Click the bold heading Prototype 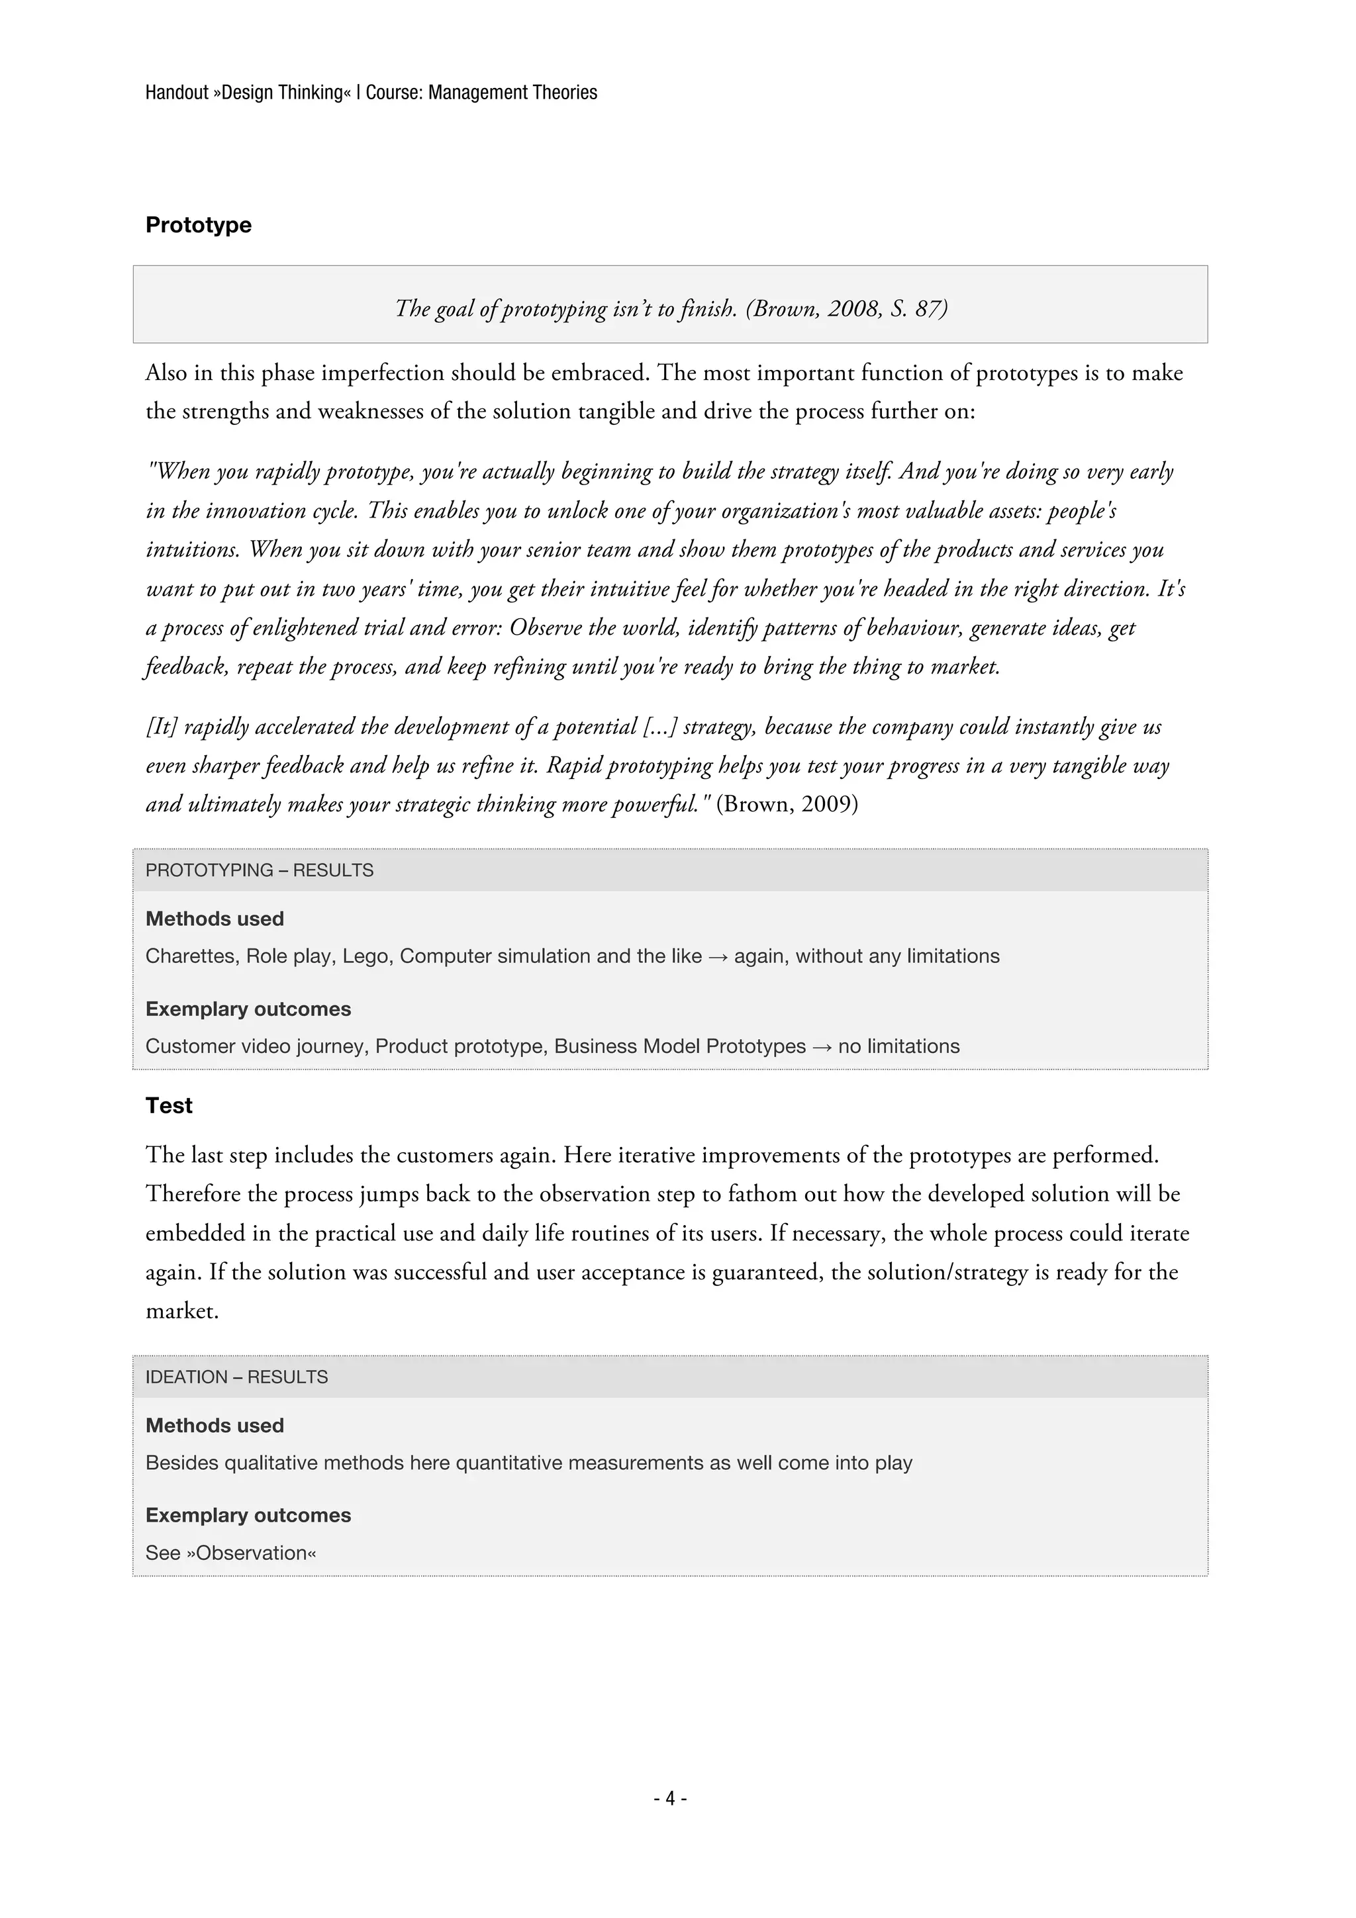(198, 225)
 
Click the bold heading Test (169, 1105)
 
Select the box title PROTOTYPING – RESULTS (259, 870)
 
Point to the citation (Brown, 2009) (787, 803)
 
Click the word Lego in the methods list (365, 956)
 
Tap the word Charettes (191, 956)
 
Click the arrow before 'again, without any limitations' (717, 956)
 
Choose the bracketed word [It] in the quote (162, 726)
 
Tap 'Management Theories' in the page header (512, 92)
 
